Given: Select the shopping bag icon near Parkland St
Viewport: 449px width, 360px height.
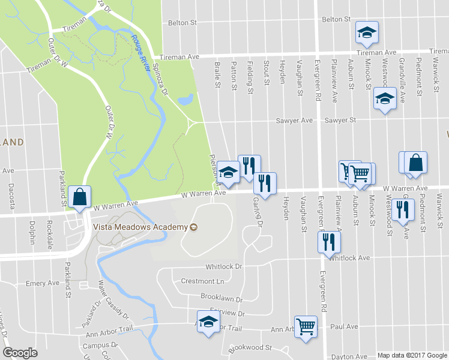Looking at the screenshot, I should pos(79,197).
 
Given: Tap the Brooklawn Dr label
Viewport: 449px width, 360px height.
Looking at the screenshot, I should pos(221,299).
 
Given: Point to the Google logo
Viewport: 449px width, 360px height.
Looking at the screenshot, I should pos(20,353).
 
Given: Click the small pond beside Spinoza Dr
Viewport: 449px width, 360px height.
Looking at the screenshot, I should pos(187,98).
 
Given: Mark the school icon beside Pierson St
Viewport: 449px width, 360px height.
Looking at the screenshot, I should pos(228,172).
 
